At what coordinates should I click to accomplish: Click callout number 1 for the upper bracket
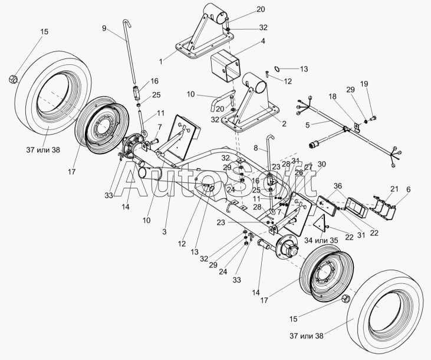click(x=160, y=60)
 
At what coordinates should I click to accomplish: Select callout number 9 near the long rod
click(x=104, y=28)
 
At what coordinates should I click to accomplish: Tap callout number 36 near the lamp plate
click(x=337, y=186)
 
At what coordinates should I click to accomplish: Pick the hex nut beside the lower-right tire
click(x=346, y=299)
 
